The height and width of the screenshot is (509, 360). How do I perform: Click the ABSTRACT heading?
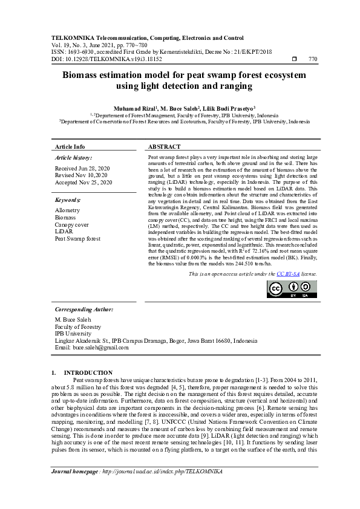pos(164,147)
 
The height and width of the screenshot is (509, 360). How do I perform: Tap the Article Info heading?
pos(70,147)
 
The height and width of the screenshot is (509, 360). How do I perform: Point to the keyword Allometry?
pos(67,210)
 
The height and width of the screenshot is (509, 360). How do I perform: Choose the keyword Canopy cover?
pos(72,224)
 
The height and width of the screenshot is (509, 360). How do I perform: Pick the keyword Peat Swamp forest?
pos(77,239)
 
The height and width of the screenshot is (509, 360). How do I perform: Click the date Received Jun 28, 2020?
pos(82,167)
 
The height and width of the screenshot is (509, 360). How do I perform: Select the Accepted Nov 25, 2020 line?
pos(83,182)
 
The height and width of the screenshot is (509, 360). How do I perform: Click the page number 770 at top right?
pos(313,59)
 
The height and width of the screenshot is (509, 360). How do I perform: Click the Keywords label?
pos(68,199)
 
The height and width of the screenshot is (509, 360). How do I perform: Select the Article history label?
pos(73,157)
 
